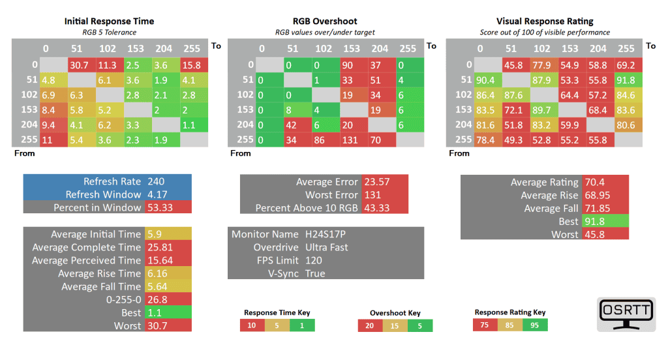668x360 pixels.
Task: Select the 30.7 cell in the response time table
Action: pos(79,65)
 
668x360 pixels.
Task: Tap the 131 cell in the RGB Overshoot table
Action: pos(351,140)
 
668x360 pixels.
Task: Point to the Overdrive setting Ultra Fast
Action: pos(327,247)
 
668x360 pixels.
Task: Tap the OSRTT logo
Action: pos(626,314)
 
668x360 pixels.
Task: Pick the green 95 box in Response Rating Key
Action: pos(534,325)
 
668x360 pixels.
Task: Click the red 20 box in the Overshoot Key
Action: pos(371,325)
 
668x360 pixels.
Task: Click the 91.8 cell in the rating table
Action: pos(626,80)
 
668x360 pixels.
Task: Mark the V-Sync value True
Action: pos(315,273)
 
